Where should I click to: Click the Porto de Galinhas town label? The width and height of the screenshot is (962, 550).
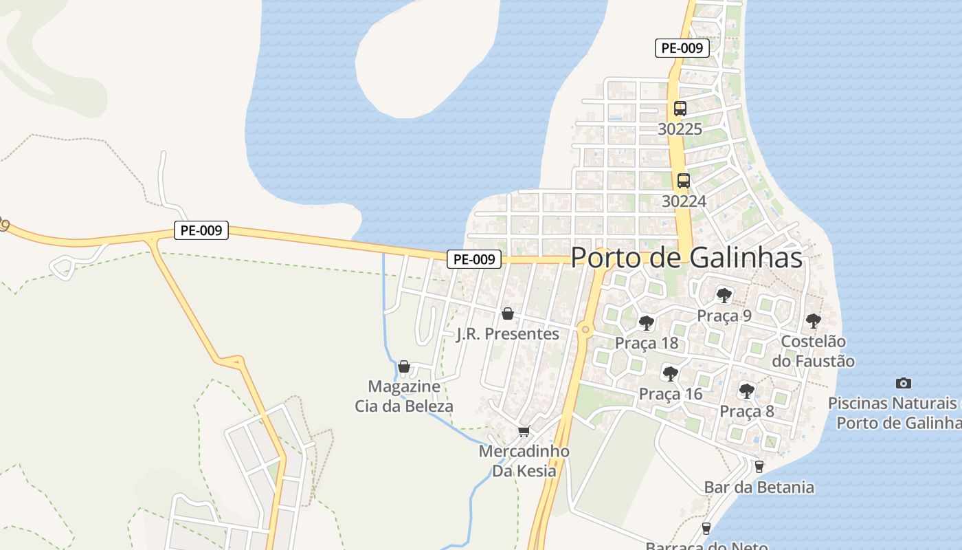[686, 257]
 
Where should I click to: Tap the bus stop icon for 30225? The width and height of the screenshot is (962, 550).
[680, 109]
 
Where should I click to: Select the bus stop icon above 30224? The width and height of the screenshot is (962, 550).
[683, 181]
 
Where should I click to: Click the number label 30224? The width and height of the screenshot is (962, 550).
[684, 201]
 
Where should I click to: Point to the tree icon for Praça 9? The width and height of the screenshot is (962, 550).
[723, 296]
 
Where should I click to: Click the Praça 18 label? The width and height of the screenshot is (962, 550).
[646, 342]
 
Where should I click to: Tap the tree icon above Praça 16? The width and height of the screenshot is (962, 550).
[670, 374]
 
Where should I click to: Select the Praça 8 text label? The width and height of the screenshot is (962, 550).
[746, 411]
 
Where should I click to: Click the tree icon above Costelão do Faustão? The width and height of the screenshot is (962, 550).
[813, 320]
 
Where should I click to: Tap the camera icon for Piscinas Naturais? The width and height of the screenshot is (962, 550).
[903, 383]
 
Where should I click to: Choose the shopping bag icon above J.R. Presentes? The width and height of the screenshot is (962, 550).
[508, 313]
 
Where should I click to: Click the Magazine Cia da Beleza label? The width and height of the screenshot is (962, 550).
[404, 396]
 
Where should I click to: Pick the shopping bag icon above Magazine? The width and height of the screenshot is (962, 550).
[404, 366]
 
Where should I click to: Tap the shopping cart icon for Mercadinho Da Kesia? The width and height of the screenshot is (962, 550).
[524, 432]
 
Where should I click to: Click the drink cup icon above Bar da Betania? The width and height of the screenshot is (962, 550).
[759, 466]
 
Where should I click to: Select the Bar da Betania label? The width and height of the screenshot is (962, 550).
[759, 487]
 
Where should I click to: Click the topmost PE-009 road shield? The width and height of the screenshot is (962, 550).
[681, 48]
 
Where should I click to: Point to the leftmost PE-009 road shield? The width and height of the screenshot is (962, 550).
[201, 230]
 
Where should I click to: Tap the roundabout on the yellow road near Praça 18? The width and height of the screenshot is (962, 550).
[585, 330]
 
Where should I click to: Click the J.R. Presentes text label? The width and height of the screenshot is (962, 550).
[508, 334]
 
